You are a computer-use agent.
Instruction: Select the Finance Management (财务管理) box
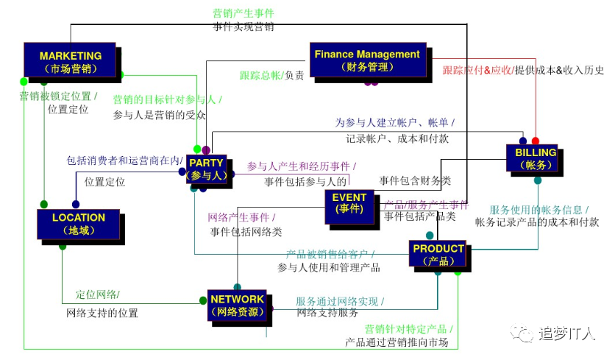click(x=367, y=60)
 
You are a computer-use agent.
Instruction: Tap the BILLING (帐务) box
click(x=536, y=158)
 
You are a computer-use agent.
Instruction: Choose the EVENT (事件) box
click(x=349, y=204)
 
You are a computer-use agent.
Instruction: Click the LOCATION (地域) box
click(x=78, y=224)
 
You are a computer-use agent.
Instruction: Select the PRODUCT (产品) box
click(x=438, y=253)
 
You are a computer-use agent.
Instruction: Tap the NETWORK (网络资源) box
click(x=237, y=306)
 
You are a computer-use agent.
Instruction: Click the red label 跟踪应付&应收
click(x=476, y=70)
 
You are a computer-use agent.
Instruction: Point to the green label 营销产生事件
click(x=243, y=13)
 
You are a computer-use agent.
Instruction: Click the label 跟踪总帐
click(x=260, y=75)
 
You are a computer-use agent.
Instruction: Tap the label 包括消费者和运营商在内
click(x=123, y=160)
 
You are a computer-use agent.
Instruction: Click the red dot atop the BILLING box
click(x=535, y=141)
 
